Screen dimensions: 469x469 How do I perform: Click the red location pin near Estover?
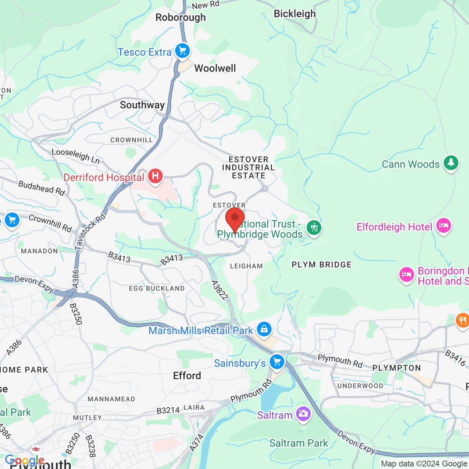[235, 219]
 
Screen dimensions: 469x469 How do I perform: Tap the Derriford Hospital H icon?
[155, 176]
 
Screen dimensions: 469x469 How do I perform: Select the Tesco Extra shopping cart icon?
[182, 51]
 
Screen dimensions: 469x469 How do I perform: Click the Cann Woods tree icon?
[451, 162]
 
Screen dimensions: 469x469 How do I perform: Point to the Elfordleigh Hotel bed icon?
[443, 225]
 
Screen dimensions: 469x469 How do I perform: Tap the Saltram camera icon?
[303, 414]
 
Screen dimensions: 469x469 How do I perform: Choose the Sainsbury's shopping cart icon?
[277, 362]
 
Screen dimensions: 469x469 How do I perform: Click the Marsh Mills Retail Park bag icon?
[264, 329]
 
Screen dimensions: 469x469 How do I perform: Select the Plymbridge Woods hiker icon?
[314, 228]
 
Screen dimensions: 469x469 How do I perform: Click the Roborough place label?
[181, 18]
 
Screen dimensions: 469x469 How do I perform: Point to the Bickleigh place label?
[295, 14]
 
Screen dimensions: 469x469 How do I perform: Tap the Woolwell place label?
[215, 69]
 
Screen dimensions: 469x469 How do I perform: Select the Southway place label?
[142, 105]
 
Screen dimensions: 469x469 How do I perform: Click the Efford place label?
[187, 376]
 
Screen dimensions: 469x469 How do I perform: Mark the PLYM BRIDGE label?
[321, 265]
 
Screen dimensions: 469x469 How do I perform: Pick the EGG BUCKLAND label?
[157, 288]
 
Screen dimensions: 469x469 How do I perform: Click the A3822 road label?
[220, 290]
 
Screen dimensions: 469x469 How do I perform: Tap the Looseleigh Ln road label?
[75, 156]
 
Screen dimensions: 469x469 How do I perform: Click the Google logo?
[25, 460]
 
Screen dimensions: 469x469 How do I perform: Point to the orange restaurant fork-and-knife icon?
[462, 321]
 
